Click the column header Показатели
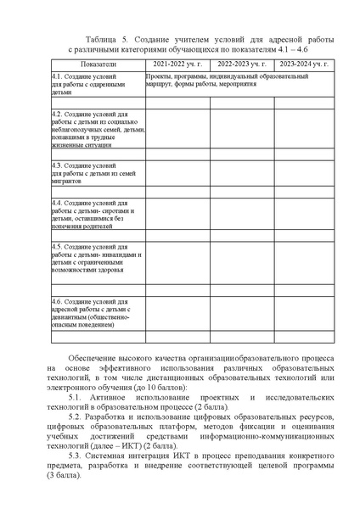tap(97, 64)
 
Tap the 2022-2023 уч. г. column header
tap(240, 64)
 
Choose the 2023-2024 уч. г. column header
tap(303, 64)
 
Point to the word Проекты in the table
tap(159, 76)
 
